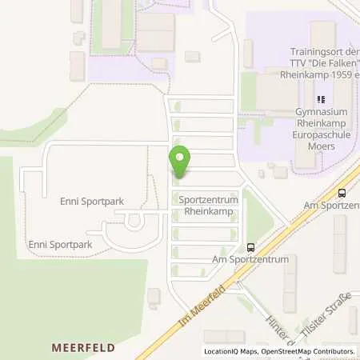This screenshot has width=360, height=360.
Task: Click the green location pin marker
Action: pyautogui.click(x=180, y=162)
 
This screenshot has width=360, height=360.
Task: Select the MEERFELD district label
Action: pyautogui.click(x=84, y=348)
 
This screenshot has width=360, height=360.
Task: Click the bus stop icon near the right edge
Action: pyautogui.click(x=342, y=193)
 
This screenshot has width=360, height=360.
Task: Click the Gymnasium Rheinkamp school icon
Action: pyautogui.click(x=321, y=100)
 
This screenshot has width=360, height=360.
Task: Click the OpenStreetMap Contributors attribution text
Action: pyautogui.click(x=309, y=351)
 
